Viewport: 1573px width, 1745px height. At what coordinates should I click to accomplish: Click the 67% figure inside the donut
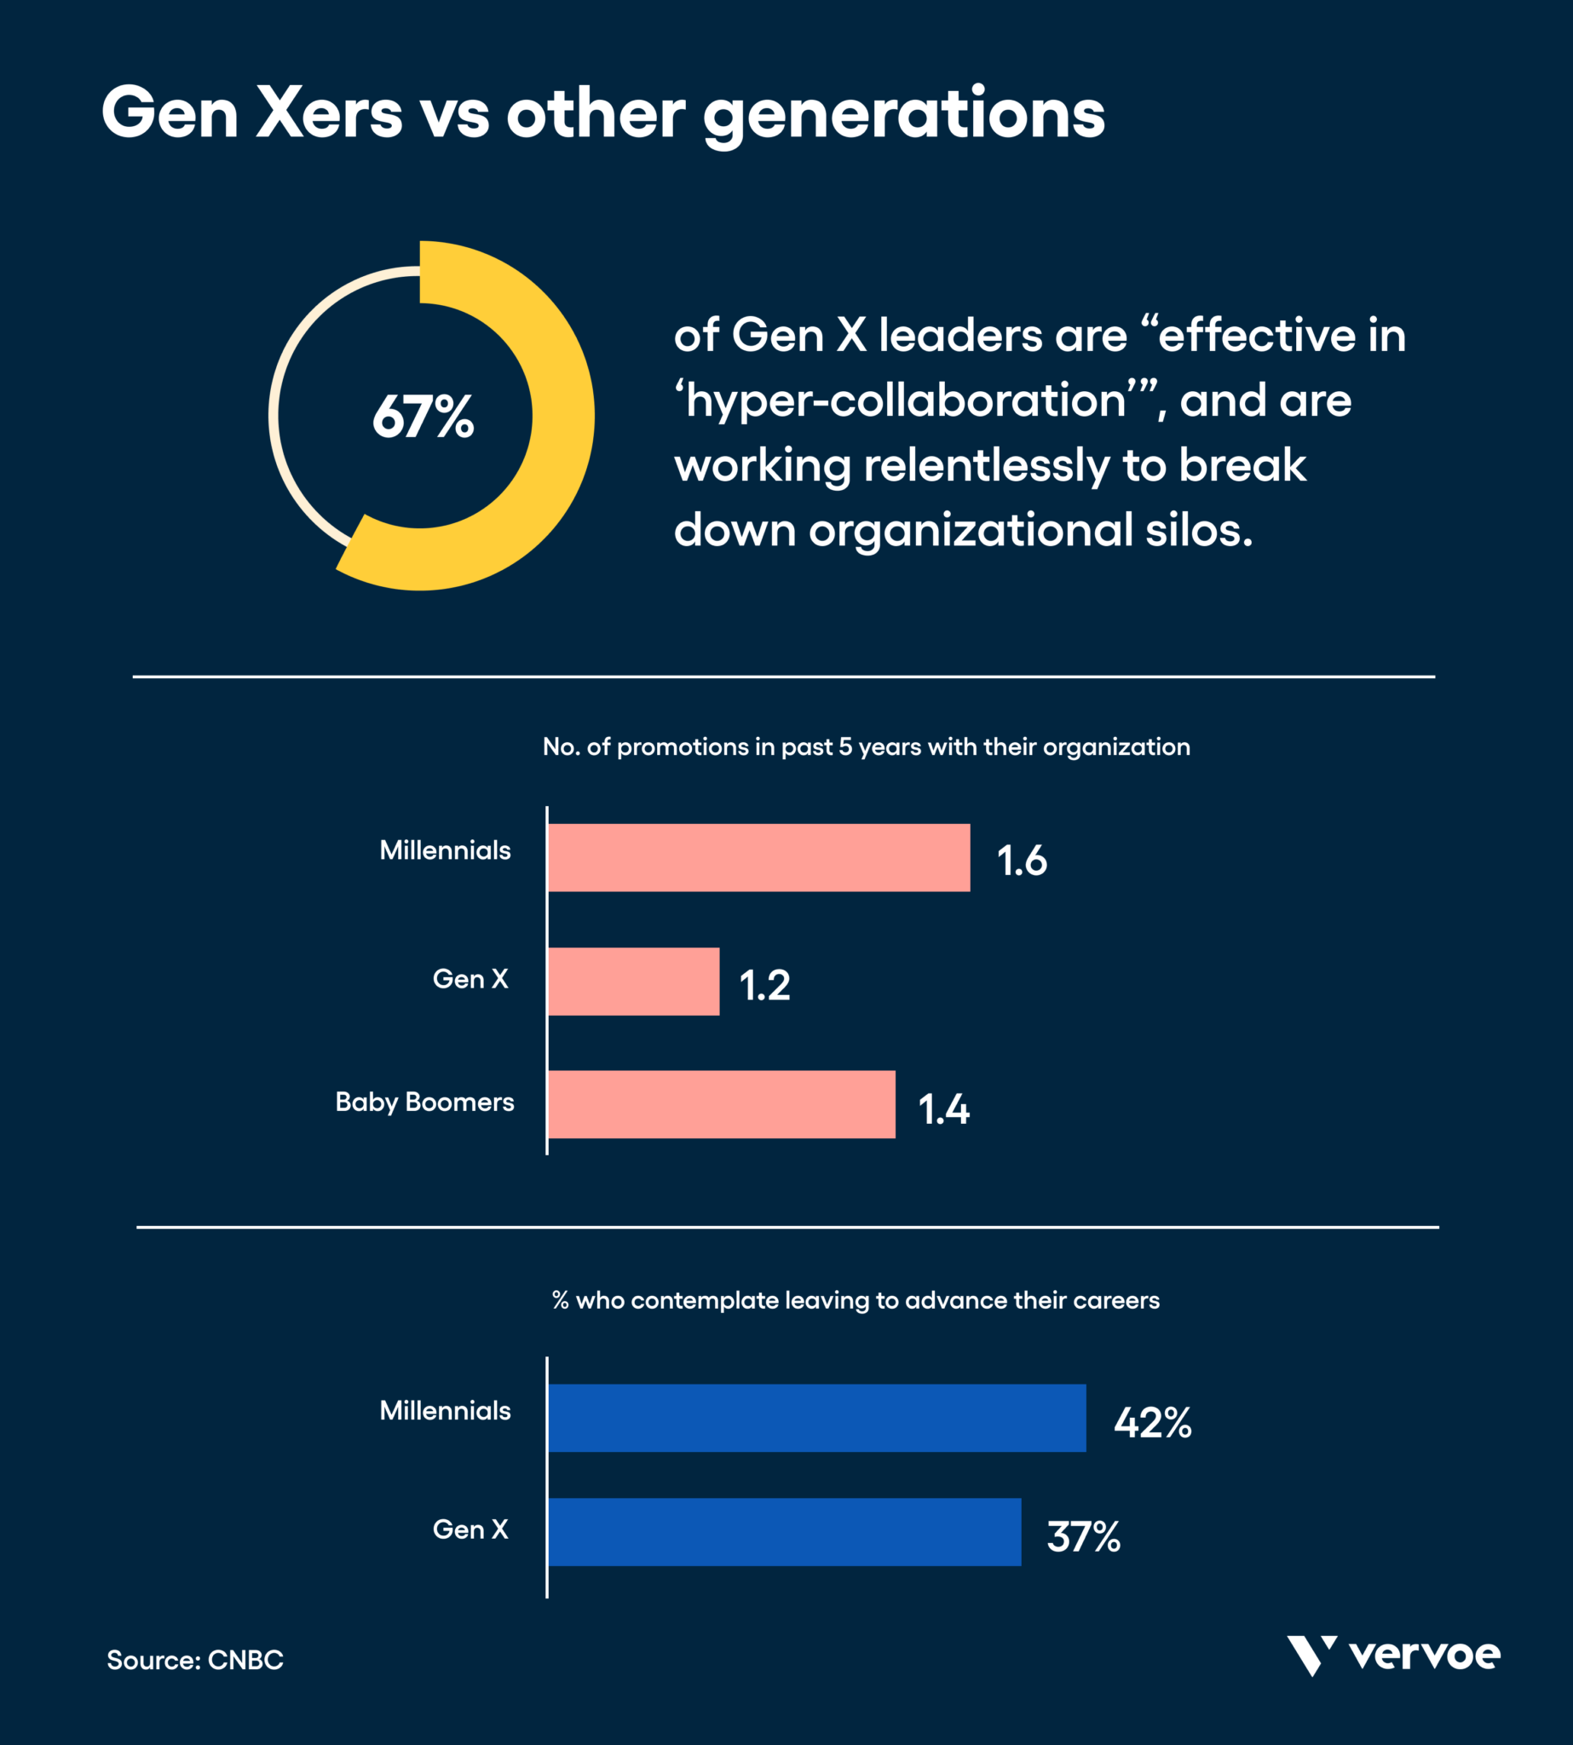coord(423,417)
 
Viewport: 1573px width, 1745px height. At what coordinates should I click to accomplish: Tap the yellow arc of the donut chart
coord(562,415)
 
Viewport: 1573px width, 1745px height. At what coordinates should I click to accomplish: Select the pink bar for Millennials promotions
coord(758,857)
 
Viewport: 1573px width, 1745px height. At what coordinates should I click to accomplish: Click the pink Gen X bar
coord(632,981)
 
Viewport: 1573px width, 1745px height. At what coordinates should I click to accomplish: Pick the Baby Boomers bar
coord(721,1103)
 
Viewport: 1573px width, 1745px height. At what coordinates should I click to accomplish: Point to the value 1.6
coord(1021,861)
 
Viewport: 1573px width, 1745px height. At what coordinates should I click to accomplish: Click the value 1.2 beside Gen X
coord(764,985)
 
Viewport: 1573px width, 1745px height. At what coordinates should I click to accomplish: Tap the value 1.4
coord(943,1109)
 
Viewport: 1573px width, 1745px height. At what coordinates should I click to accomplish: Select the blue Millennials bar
coord(815,1418)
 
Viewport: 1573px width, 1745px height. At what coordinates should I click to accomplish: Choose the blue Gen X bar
coord(784,1531)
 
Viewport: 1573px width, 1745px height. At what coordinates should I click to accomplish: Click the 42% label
coord(1151,1422)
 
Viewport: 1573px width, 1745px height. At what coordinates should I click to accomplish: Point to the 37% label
coord(1083,1537)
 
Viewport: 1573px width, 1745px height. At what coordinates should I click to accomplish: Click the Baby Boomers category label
coord(424,1102)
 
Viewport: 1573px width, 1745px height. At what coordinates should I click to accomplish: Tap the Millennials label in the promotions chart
coord(445,850)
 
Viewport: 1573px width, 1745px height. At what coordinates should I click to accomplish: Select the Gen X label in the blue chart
coord(470,1529)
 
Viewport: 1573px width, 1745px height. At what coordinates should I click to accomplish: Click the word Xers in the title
coord(329,113)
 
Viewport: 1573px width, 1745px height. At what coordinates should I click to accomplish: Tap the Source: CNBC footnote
coord(194,1660)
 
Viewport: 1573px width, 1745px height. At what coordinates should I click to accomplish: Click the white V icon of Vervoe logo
coord(1311,1654)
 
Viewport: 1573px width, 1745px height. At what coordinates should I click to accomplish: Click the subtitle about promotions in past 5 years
coord(865,746)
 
